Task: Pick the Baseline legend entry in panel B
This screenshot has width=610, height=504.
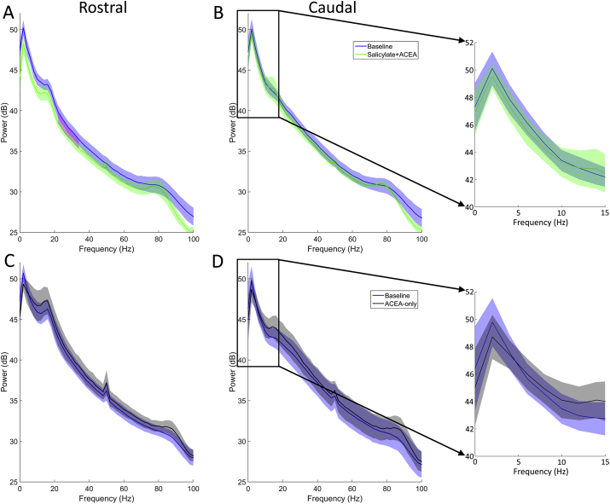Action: point(388,46)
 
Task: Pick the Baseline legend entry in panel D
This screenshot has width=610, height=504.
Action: point(388,294)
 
